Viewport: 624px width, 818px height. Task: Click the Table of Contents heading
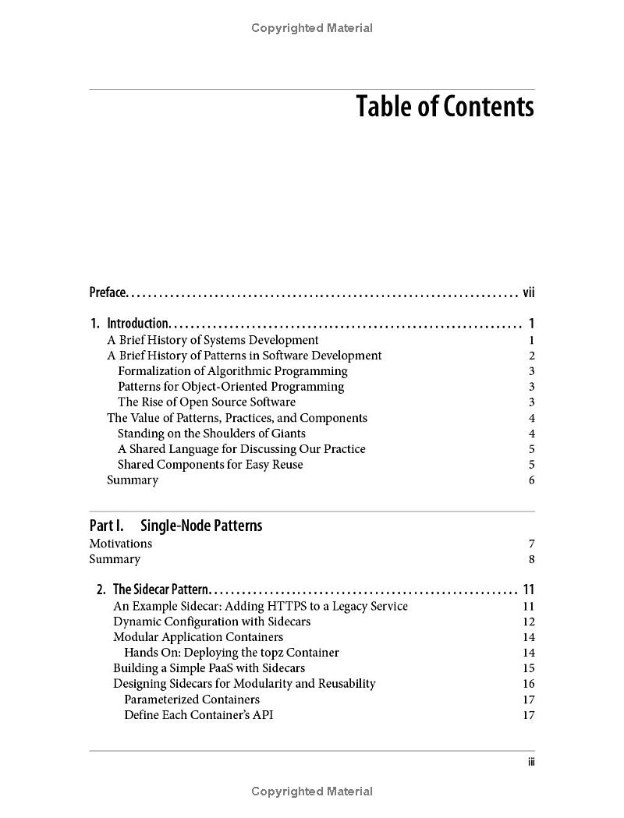point(445,107)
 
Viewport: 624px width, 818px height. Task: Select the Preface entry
point(108,292)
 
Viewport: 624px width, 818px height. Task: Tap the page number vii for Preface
point(528,292)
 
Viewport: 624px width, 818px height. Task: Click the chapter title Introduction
point(138,324)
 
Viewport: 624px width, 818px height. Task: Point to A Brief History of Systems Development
point(212,340)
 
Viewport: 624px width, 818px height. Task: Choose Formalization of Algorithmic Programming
point(232,371)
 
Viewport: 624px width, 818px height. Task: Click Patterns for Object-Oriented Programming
point(230,387)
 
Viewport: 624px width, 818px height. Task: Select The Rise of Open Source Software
point(207,402)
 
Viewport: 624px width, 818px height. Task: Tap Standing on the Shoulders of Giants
point(211,434)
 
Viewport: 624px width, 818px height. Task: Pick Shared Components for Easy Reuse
point(210,465)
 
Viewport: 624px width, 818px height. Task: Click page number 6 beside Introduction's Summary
point(531,480)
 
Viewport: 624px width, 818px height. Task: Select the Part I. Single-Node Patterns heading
point(175,526)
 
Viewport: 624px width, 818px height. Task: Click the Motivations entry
point(120,544)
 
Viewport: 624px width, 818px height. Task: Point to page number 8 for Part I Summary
point(531,559)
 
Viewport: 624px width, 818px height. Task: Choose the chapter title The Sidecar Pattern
point(161,590)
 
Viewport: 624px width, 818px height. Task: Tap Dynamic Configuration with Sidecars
point(211,621)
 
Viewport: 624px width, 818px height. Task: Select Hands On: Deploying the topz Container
point(231,653)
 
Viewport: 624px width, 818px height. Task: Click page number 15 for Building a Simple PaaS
point(529,668)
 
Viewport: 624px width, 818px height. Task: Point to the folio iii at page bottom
point(530,762)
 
